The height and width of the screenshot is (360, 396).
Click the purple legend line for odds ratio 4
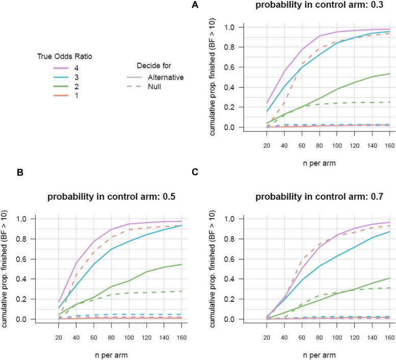[61, 68]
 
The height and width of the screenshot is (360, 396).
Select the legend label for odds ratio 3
[76, 78]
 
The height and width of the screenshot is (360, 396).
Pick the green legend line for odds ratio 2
[61, 86]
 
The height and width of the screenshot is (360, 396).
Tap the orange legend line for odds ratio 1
[61, 95]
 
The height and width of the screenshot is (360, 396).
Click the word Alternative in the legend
[166, 78]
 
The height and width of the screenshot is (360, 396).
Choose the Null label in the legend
[154, 87]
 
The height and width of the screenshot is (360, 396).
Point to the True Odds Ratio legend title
[65, 56]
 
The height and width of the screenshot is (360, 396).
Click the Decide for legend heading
[154, 66]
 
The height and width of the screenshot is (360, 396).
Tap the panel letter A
[195, 5]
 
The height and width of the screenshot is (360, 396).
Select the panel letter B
[20, 172]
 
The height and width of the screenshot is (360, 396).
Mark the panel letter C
[195, 172]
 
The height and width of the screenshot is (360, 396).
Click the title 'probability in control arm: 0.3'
[319, 5]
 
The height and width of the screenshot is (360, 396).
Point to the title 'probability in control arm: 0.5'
[112, 196]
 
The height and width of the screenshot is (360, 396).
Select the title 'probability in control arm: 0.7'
[319, 196]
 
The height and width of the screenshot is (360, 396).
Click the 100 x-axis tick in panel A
[337, 145]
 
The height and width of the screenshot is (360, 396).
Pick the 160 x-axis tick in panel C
[390, 338]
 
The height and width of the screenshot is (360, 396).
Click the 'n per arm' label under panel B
[112, 355]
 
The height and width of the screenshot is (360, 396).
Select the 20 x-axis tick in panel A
[267, 145]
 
